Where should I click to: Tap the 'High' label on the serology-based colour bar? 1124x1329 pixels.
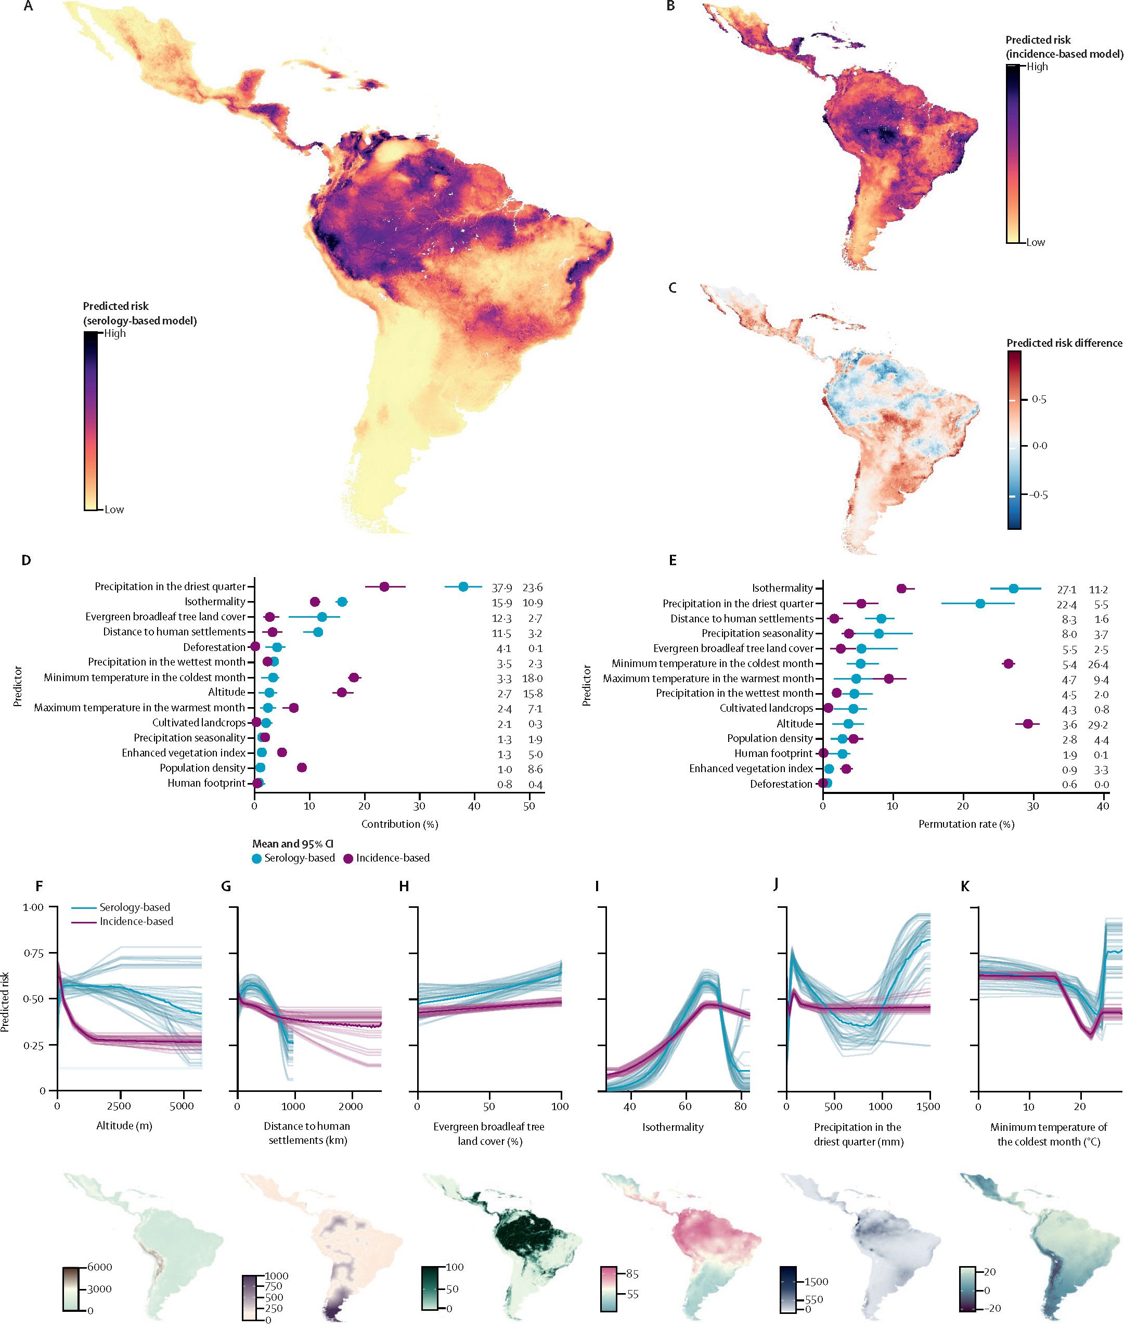point(115,333)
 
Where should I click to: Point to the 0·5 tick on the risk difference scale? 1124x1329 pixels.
point(1039,399)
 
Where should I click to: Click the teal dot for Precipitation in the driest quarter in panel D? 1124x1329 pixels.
point(463,587)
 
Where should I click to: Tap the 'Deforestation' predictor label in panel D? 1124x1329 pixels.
point(214,647)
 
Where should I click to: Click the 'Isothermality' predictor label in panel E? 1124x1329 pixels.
point(782,588)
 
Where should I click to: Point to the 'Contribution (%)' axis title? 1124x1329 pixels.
point(399,824)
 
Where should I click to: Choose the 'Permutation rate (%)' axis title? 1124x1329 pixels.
point(966,824)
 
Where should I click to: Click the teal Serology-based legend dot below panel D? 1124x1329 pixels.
point(257,858)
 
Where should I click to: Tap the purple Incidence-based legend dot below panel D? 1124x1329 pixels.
point(348,858)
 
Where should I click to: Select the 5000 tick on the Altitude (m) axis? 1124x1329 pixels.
point(182,1106)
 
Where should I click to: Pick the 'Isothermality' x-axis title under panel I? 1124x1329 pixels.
point(673,1127)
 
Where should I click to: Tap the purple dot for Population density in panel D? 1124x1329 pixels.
point(302,767)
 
